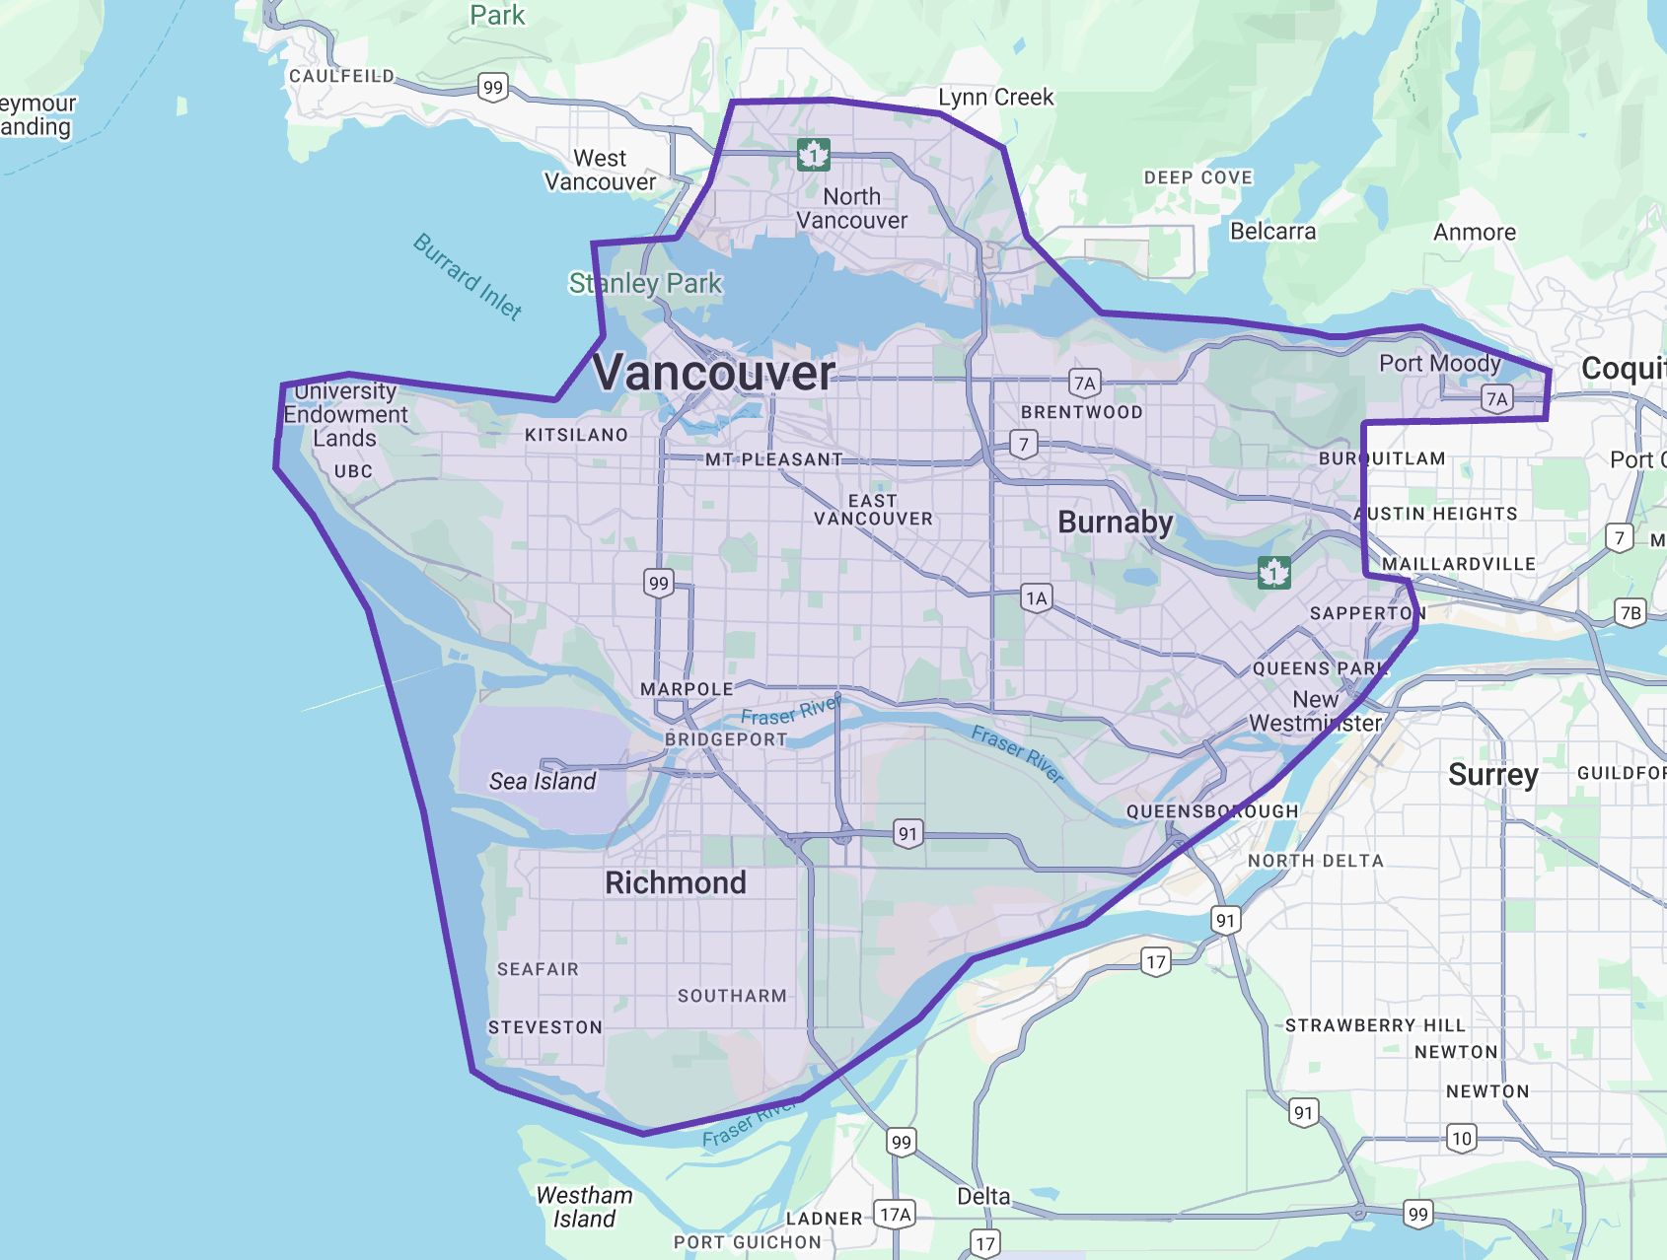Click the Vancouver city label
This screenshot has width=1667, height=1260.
pyautogui.click(x=714, y=374)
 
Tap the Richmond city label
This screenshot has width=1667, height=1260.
pyautogui.click(x=676, y=882)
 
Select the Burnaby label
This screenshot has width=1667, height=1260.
pyautogui.click(x=1115, y=522)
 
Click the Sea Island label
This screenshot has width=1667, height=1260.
pyautogui.click(x=543, y=781)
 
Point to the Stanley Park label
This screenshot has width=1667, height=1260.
pyautogui.click(x=645, y=284)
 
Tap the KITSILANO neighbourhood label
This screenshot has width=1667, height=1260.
pyautogui.click(x=576, y=435)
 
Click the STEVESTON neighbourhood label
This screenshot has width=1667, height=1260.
pyautogui.click(x=544, y=1027)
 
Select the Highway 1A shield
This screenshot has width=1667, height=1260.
pyautogui.click(x=1036, y=597)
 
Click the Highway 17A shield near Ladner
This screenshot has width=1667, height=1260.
pyautogui.click(x=896, y=1214)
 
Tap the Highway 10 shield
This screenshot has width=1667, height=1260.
pyautogui.click(x=1462, y=1139)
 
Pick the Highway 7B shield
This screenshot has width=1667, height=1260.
pyautogui.click(x=1631, y=612)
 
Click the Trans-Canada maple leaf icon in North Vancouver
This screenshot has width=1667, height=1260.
pyautogui.click(x=814, y=155)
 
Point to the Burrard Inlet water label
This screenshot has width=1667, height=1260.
pyautogui.click(x=467, y=276)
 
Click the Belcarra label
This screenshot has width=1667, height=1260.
pyautogui.click(x=1272, y=232)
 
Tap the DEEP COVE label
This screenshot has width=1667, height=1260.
pyautogui.click(x=1197, y=177)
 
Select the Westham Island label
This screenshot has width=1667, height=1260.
pyautogui.click(x=584, y=1207)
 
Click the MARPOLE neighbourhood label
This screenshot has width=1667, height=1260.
pyautogui.click(x=687, y=689)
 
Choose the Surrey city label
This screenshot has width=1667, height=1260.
pyautogui.click(x=1492, y=775)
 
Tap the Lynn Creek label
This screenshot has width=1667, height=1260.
pyautogui.click(x=995, y=98)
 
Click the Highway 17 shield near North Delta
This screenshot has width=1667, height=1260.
pyautogui.click(x=1156, y=961)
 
